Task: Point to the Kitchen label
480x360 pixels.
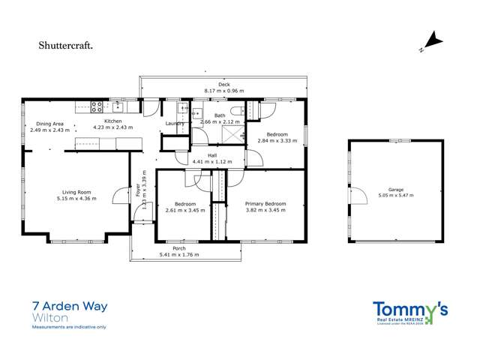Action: point(112,121)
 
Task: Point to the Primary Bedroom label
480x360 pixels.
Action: point(265,203)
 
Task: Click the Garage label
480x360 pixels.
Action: point(396,189)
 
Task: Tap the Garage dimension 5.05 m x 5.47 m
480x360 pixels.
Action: point(396,195)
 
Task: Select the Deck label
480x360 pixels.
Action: point(223,84)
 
